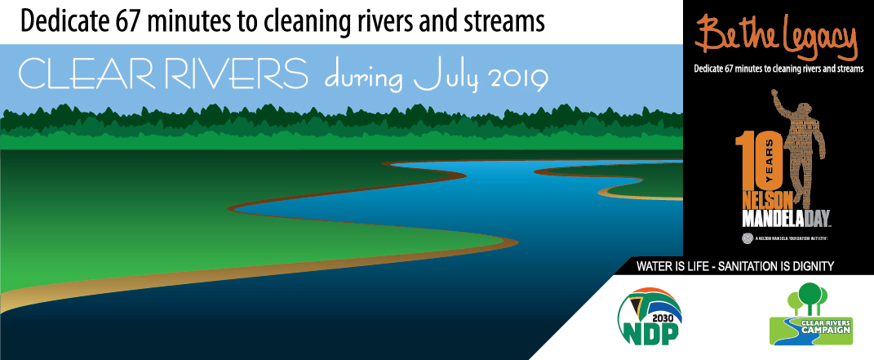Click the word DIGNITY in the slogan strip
tap(819, 265)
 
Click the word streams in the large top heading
tap(505, 20)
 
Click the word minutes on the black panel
tap(756, 69)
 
